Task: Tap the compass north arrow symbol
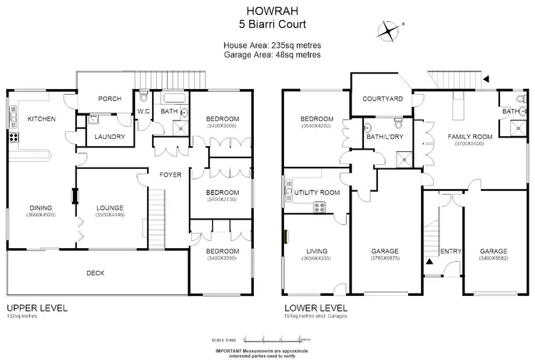pos(388,29)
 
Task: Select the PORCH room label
pos(109,99)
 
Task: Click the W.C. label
pos(144,111)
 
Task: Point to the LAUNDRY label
pos(110,137)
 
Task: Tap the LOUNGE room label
pos(111,208)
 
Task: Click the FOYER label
pos(170,175)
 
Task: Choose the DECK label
pos(96,272)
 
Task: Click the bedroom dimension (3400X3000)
pos(222,126)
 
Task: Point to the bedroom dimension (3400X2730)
pos(222,200)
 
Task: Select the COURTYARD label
pos(383,99)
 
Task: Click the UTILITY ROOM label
pos(316,193)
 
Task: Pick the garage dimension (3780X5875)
pos(384,259)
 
